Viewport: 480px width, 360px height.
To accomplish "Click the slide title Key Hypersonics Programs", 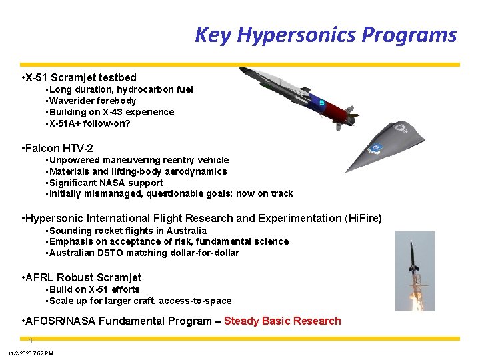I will click(x=325, y=35).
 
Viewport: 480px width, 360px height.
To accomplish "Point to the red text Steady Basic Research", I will click(x=282, y=321).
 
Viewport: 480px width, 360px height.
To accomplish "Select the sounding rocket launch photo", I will click(x=415, y=271).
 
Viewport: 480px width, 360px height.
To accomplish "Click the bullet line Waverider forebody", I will click(x=93, y=101).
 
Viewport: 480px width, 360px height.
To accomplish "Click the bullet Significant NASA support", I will click(x=106, y=183).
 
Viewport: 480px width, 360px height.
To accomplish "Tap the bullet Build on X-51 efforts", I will click(x=94, y=289).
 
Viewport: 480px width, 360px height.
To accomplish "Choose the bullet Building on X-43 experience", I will click(x=111, y=112).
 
